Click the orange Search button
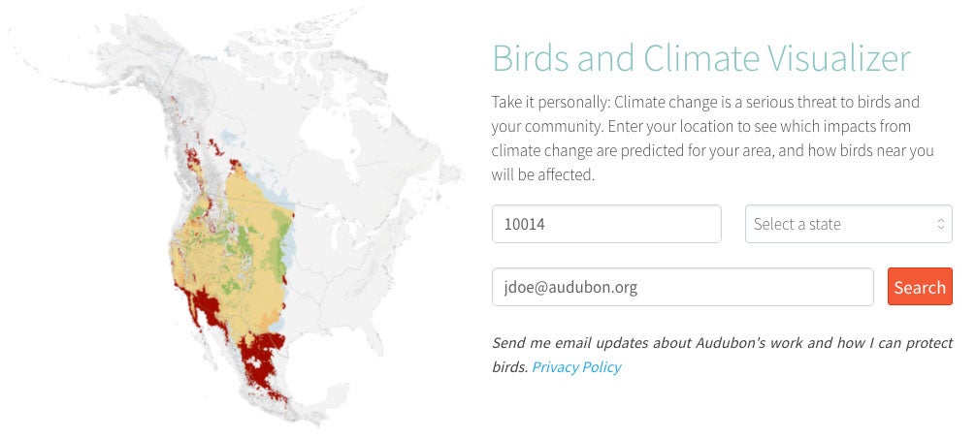point(919,287)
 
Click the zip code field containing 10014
point(606,224)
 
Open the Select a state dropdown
point(847,224)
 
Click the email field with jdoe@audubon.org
point(682,287)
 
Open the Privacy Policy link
point(575,367)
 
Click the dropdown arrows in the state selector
point(940,224)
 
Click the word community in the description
point(569,127)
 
